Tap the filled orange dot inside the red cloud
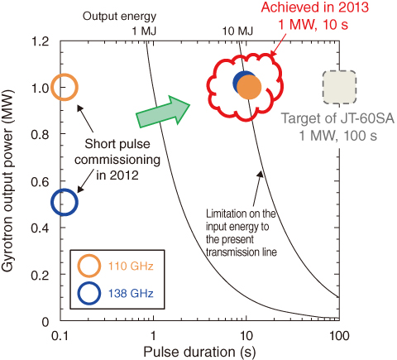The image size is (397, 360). pos(249,87)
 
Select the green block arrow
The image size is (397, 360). pos(163,112)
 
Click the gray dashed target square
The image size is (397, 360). pos(339,87)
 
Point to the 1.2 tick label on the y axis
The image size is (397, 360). pos(41,41)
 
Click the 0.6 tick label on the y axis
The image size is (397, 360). pos(41,181)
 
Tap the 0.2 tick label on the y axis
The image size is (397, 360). pos(41,275)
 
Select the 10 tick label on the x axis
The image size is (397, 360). pos(246,336)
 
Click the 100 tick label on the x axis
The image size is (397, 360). pos(339,336)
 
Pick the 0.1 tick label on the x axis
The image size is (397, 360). pos(60,336)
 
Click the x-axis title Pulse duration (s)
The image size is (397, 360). pos(199,352)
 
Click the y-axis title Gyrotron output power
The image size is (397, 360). pos(7,181)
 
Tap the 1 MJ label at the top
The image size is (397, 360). pos(144,31)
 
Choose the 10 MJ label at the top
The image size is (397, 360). pos(238,31)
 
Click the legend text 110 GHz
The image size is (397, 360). pos(131,266)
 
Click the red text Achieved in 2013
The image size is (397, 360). pos(315,7)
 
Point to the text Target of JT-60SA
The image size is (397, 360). pos(337,118)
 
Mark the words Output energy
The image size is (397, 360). pos(120,17)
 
